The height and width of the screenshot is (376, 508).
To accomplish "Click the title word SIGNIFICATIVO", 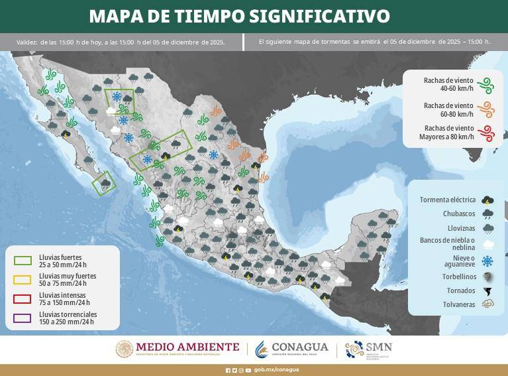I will pos(323,16).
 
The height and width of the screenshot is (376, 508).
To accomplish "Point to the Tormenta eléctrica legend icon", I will pos(487,200).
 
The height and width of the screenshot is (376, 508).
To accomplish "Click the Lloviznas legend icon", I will pos(487,229).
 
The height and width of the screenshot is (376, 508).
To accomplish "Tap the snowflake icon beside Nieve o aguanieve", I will pos(487,261).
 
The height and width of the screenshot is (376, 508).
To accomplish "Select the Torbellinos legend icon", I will pos(487,277).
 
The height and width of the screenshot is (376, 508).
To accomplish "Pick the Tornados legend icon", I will pos(487,291).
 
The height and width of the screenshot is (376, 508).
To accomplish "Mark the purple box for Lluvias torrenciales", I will pos(23,318).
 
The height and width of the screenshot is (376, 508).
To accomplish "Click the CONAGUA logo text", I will pos(300,347).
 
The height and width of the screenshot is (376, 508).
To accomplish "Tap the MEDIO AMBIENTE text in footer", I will pos(187,347).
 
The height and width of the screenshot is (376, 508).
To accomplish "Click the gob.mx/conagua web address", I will pos(276,370).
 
